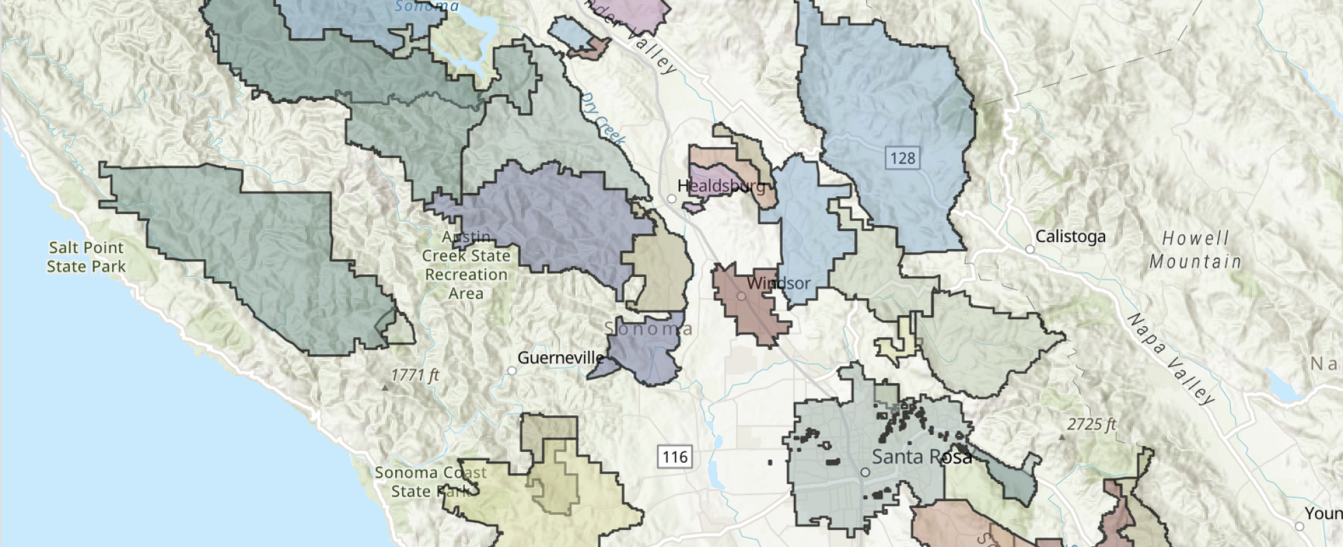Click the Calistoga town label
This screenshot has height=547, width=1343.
pos(1070,237)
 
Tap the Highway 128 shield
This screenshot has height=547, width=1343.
pos(902,159)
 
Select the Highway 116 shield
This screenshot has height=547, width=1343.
pos(675,457)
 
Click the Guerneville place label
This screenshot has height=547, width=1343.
pos(561,358)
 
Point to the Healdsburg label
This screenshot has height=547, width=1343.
pos(721,186)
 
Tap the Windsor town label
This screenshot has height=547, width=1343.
pos(779,283)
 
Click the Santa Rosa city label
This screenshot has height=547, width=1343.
pos(921,457)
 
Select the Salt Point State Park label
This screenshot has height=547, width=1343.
pos(86,257)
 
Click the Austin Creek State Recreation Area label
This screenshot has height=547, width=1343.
pos(466,265)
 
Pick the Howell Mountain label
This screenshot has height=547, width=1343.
pos(1195,250)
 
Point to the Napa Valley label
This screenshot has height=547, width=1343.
pos(1171,358)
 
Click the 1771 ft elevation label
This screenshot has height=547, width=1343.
pos(415,375)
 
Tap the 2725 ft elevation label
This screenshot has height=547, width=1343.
pos(1091,425)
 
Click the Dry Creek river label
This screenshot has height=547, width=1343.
pos(602,120)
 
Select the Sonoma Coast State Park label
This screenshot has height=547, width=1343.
pos(429,481)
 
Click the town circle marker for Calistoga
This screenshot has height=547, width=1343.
pos(1030,250)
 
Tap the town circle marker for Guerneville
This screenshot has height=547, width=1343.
pos(511,371)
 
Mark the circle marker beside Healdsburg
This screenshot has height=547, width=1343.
pos(671,199)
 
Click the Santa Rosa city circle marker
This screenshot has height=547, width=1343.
pos(865,472)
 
